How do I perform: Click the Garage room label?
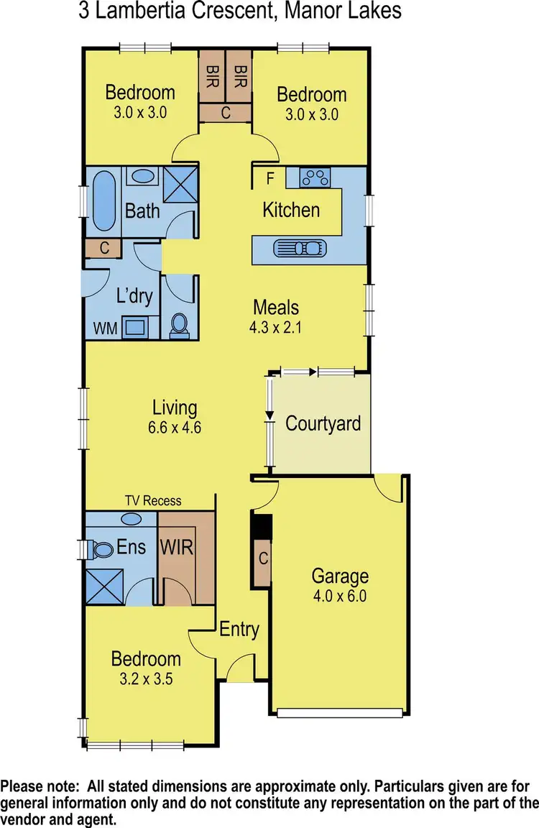[x=340, y=576]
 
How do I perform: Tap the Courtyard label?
[x=323, y=423]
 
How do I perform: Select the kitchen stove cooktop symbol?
[x=313, y=177]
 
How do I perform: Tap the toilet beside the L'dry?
[x=178, y=326]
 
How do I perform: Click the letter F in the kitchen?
[x=269, y=178]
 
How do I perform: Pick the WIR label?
[x=177, y=547]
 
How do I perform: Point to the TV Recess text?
[x=152, y=500]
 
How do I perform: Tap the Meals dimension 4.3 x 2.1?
[x=276, y=326]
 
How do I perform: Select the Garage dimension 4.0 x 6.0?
[x=340, y=596]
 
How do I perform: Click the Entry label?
[x=239, y=630]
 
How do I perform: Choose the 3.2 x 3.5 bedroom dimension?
[x=146, y=678]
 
